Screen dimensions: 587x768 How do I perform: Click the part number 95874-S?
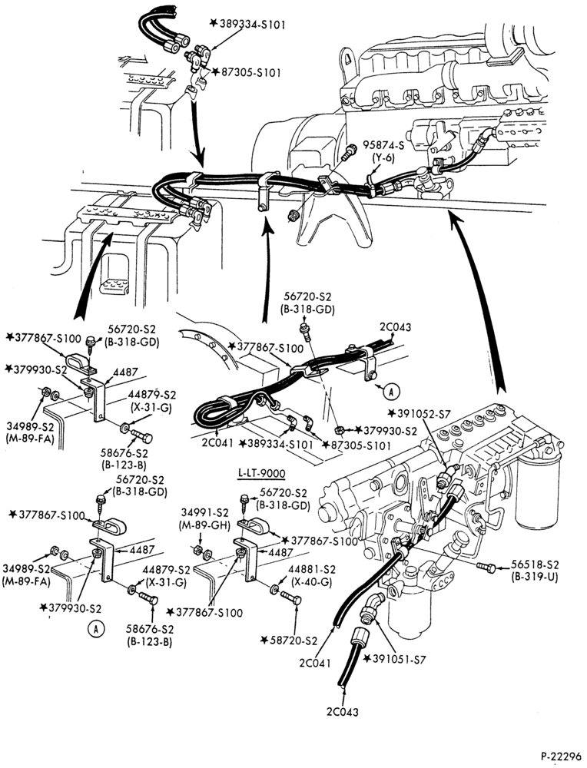pos(384,144)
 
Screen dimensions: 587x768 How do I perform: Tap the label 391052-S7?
pos(423,414)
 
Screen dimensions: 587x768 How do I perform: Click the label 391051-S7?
pos(400,660)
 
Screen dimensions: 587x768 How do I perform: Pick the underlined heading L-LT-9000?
pos(262,473)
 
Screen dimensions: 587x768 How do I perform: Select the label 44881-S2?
pos(312,570)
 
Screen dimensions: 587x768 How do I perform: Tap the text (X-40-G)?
pos(311,582)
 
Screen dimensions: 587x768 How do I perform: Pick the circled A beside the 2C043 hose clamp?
pos(391,391)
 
